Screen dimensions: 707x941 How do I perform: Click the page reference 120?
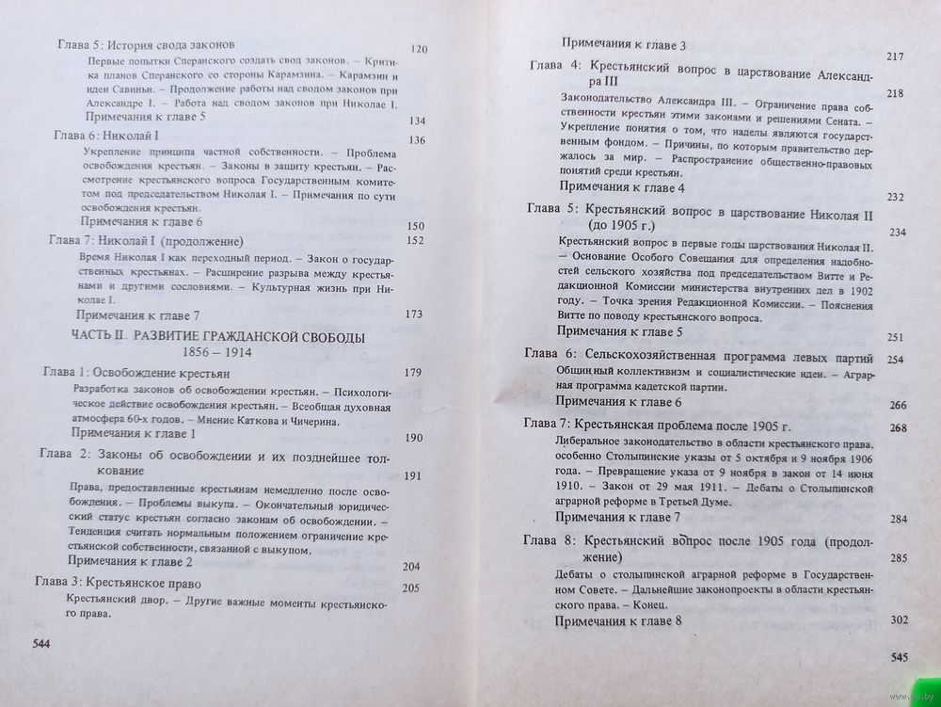point(419,48)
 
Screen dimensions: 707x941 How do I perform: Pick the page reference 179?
point(412,374)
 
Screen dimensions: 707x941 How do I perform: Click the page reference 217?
point(895,57)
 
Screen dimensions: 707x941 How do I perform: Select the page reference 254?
point(895,360)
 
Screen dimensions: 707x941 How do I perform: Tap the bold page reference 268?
point(897,429)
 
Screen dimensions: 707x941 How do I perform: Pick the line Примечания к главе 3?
point(624,44)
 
